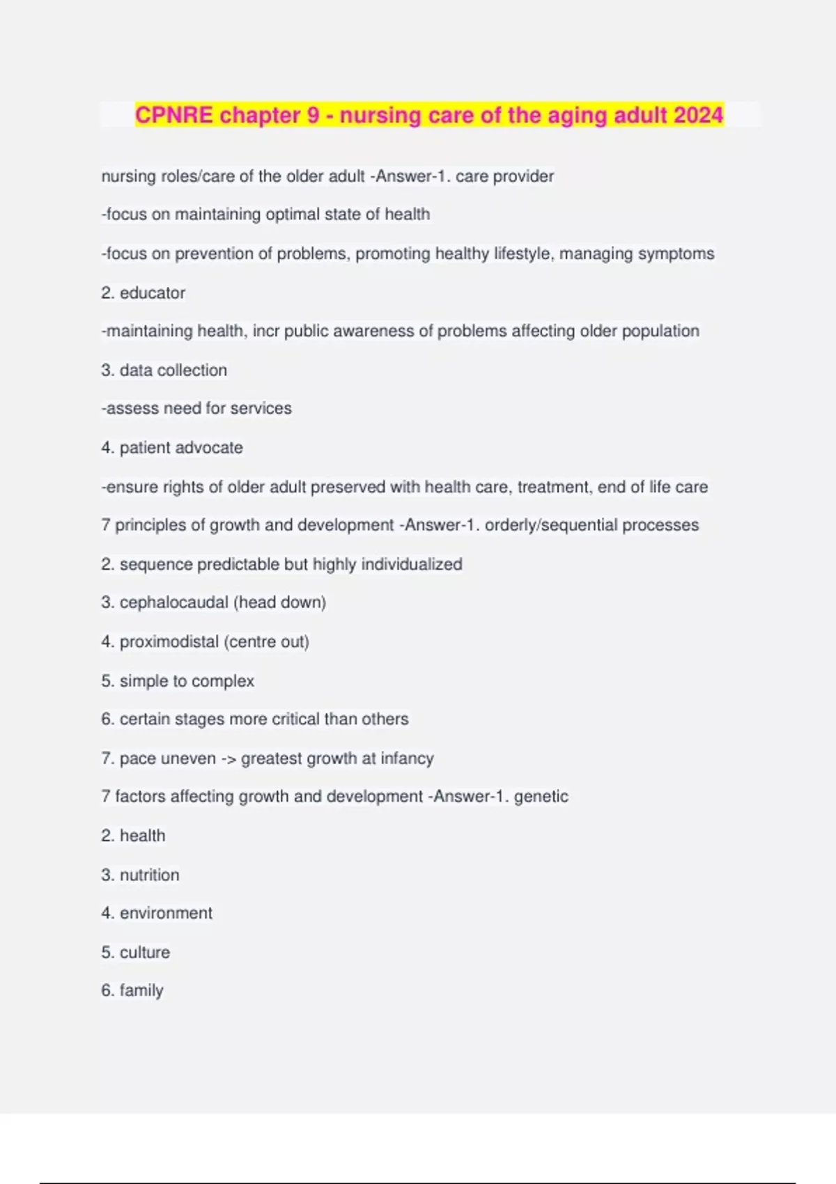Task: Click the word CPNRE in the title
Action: click(x=173, y=115)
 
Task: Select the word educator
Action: click(x=153, y=293)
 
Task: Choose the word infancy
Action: click(x=407, y=758)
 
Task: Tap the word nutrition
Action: click(x=149, y=875)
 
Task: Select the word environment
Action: click(x=166, y=913)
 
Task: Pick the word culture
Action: click(x=145, y=952)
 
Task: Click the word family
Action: click(x=141, y=991)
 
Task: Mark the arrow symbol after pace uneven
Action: click(x=229, y=758)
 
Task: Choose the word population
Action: click(x=660, y=331)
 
